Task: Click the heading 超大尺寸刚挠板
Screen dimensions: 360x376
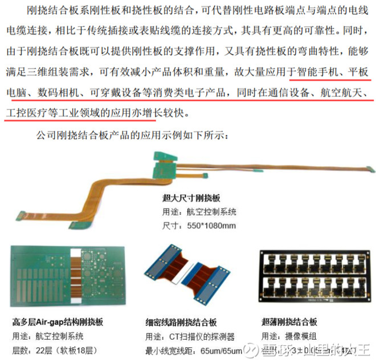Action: [191, 199]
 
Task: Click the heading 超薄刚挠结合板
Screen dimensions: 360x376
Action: [288, 322]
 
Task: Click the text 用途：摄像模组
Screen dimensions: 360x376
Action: [285, 335]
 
